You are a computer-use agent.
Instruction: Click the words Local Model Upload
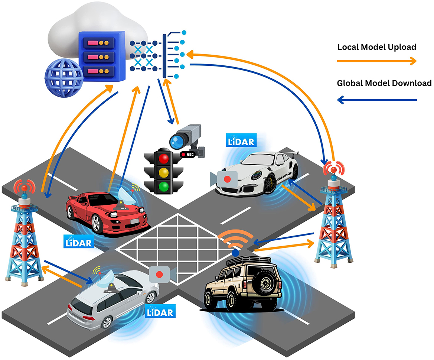376,48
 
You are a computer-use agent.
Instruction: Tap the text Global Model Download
384,83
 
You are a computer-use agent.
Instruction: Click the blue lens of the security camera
177,141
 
